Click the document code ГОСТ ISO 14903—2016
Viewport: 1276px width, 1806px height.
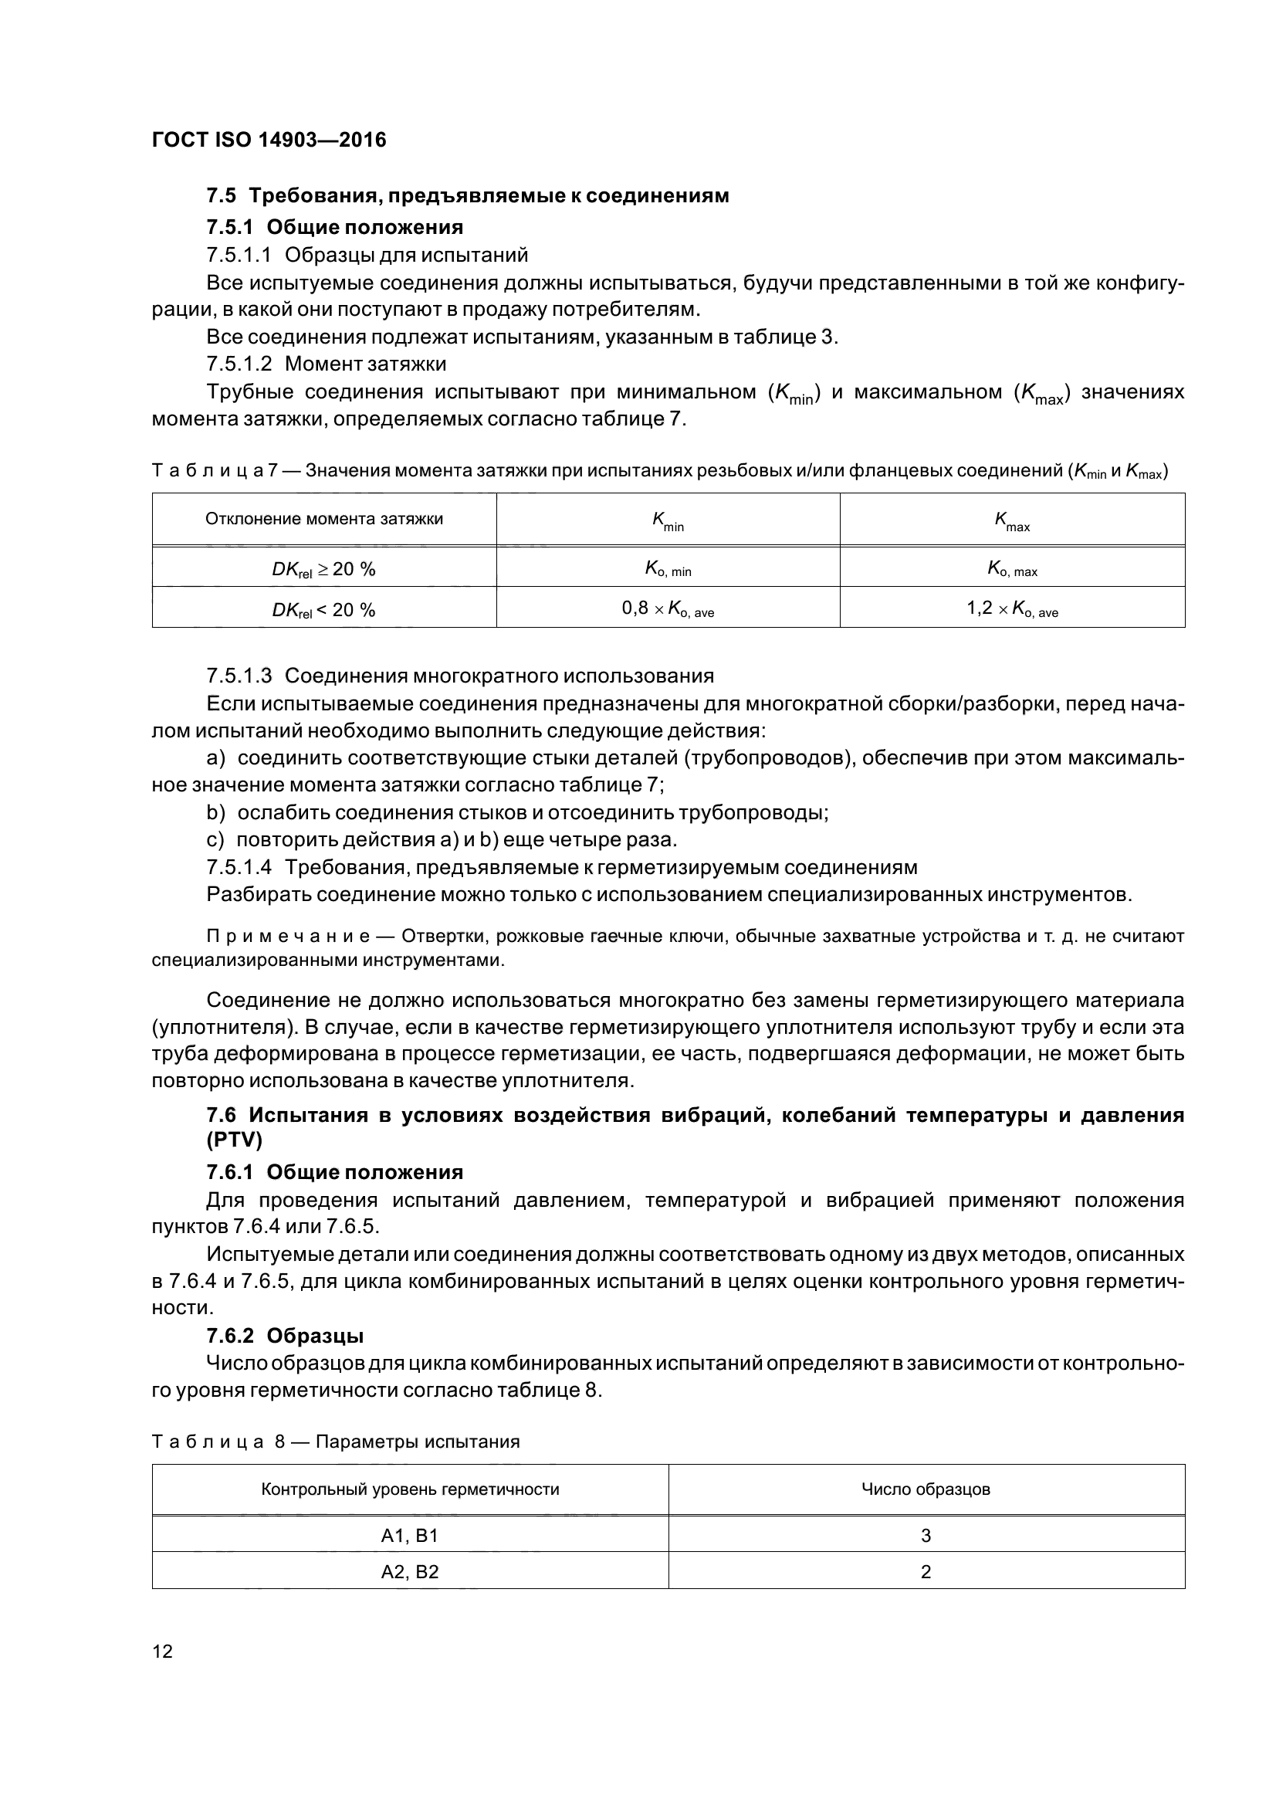pyautogui.click(x=269, y=140)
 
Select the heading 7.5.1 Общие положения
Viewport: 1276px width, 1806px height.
pyautogui.click(x=334, y=227)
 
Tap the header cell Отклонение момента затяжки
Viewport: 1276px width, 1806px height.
pyautogui.click(x=324, y=519)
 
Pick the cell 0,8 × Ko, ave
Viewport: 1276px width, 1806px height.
pyautogui.click(x=668, y=608)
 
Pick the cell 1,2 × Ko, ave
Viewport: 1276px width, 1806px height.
pyautogui.click(x=1012, y=608)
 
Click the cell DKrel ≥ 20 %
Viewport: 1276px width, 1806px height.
pyautogui.click(x=324, y=569)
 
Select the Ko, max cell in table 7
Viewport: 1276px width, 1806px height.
pyautogui.click(x=1012, y=569)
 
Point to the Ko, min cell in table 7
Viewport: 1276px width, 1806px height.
pyautogui.click(x=668, y=569)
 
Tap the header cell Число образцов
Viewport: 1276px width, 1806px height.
pyautogui.click(x=926, y=1489)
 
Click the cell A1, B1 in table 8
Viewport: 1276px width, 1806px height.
pyautogui.click(x=410, y=1535)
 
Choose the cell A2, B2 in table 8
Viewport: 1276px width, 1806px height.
pyautogui.click(x=410, y=1571)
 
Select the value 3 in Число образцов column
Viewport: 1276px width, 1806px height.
pyautogui.click(x=926, y=1535)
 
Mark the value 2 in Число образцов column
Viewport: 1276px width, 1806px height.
pyautogui.click(x=926, y=1571)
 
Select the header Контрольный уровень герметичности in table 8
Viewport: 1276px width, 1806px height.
pyautogui.click(x=410, y=1489)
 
